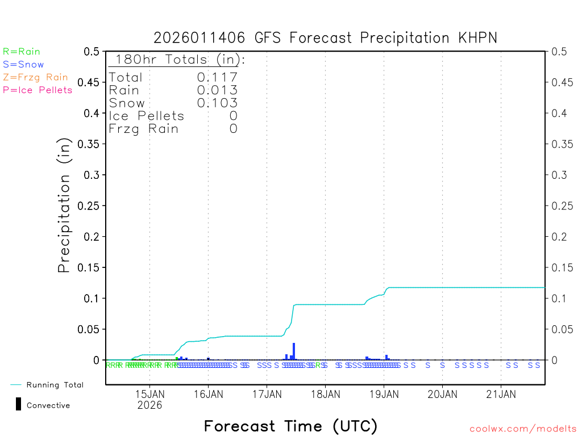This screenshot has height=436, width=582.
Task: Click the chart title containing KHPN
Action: [325, 38]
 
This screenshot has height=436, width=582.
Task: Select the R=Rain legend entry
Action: [22, 52]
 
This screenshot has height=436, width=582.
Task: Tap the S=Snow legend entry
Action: [23, 65]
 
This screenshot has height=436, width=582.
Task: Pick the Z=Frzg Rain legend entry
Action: [35, 77]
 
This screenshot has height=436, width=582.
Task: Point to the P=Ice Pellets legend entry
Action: [38, 90]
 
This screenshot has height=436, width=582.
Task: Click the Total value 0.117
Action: [217, 77]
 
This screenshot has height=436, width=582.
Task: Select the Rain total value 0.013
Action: [217, 90]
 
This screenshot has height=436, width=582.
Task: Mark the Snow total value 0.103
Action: [217, 103]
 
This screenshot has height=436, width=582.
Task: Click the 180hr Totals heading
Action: [177, 60]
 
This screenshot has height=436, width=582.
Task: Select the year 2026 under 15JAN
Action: [149, 405]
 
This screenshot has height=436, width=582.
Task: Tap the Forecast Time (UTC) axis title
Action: [290, 426]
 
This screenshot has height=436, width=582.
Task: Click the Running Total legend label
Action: [55, 385]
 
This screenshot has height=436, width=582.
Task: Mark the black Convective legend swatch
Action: [18, 404]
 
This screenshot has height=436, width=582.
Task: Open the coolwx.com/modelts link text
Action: [523, 429]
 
